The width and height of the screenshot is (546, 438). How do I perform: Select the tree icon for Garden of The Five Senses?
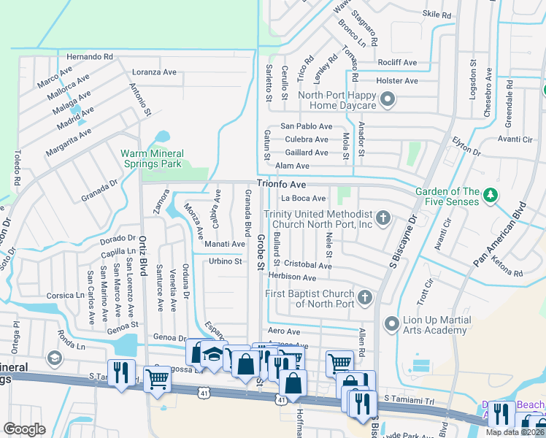(x=491, y=195)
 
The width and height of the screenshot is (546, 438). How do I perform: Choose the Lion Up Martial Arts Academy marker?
(x=391, y=322)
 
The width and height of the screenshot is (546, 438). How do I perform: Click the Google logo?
(x=24, y=429)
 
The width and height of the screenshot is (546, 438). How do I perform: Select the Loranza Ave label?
(x=154, y=72)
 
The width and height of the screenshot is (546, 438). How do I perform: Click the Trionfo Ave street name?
(x=280, y=185)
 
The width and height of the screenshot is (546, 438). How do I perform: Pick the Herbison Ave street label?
(x=291, y=278)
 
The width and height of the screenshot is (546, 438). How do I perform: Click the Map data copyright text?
(x=515, y=431)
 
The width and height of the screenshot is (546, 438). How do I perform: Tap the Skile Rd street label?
(x=438, y=13)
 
